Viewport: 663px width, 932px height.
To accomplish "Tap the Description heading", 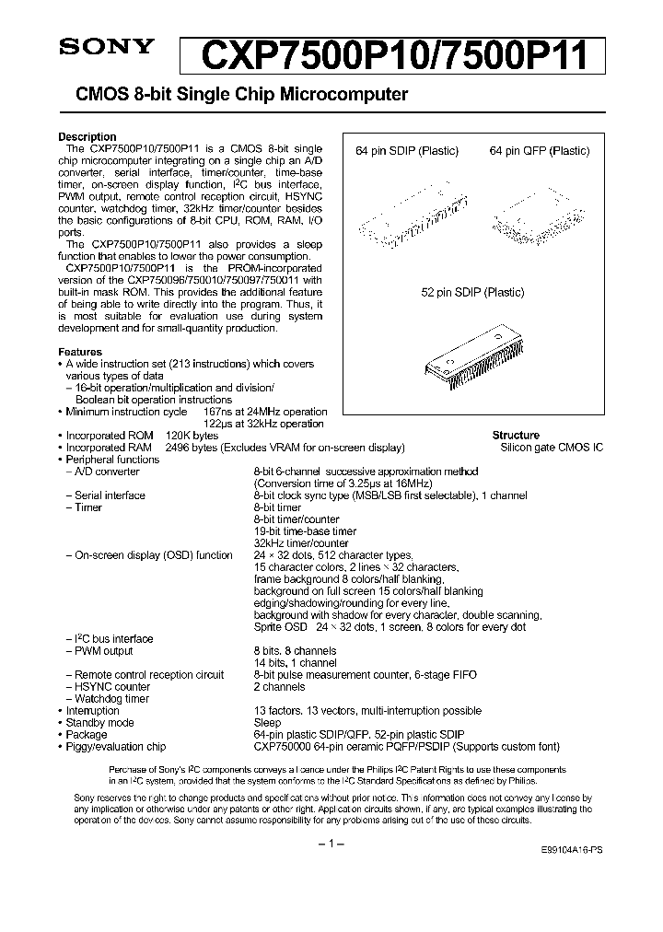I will (x=87, y=136).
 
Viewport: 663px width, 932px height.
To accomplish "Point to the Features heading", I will (x=80, y=352).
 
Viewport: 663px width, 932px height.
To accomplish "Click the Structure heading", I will (x=516, y=436).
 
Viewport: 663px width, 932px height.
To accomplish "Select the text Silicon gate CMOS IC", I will (x=552, y=448).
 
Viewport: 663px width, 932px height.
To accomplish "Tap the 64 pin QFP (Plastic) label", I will (x=539, y=152).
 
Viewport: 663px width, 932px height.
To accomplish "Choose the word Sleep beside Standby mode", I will (x=266, y=723).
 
